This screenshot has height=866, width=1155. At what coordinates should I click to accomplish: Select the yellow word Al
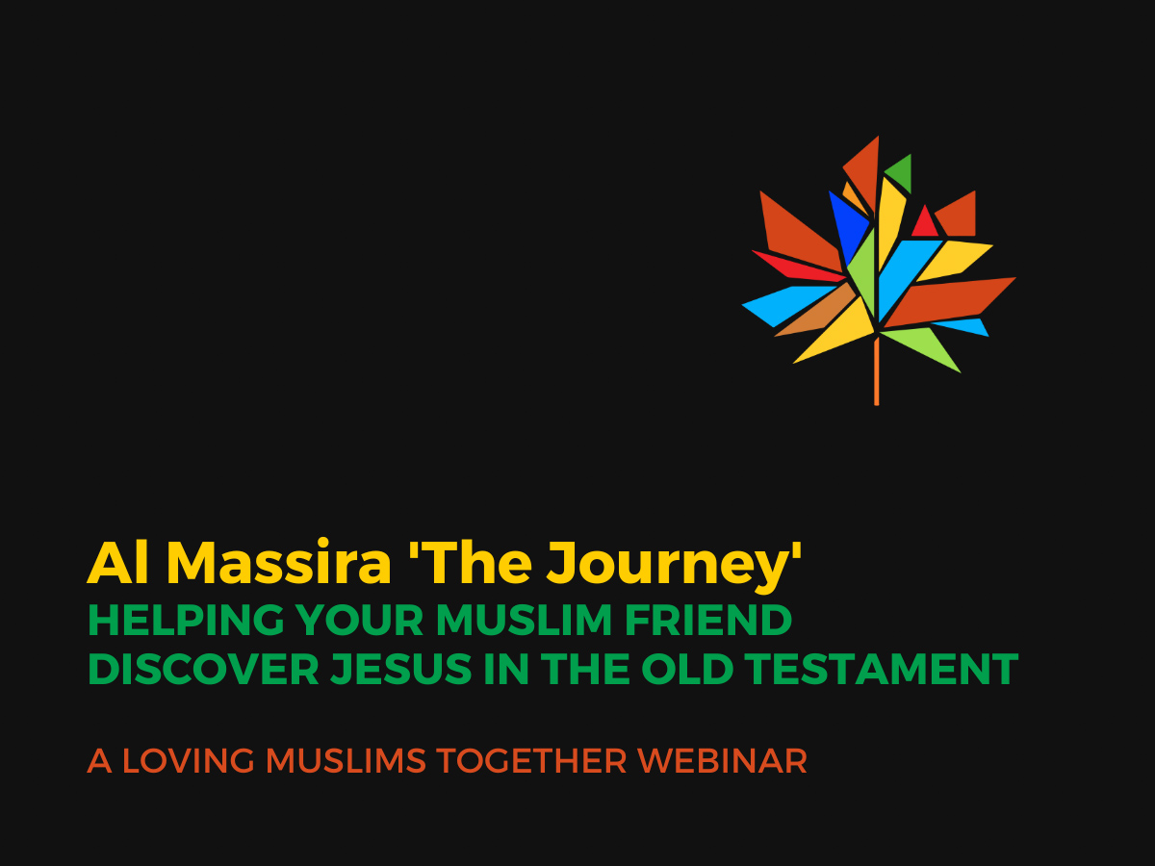[x=117, y=562]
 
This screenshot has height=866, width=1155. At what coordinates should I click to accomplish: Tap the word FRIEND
[x=708, y=621]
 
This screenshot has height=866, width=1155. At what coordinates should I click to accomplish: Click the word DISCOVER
[x=204, y=670]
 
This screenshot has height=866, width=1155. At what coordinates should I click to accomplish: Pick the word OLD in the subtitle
[x=687, y=670]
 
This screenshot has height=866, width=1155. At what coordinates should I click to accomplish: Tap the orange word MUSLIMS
[x=346, y=761]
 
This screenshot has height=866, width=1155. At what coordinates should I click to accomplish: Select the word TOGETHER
[x=531, y=761]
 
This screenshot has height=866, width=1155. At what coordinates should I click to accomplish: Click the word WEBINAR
[x=722, y=761]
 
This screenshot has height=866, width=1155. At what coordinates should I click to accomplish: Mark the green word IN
[x=506, y=670]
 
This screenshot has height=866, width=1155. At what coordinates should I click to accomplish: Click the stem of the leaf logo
[x=877, y=371]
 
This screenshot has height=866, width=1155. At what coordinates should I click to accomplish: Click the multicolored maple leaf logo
[x=878, y=270]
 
